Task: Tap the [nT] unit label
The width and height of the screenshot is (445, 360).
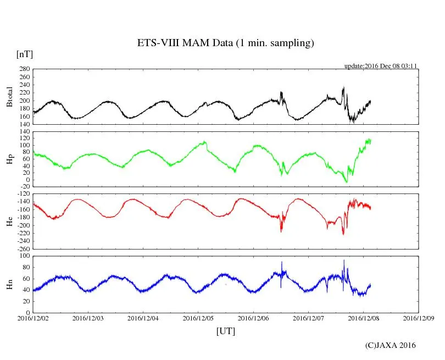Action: (25, 54)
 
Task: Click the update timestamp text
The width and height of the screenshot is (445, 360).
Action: (381, 66)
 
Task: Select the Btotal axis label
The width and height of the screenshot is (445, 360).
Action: (9, 97)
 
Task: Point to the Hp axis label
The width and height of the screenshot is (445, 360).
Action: (9, 159)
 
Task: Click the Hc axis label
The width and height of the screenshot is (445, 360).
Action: (9, 221)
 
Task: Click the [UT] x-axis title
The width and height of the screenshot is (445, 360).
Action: (225, 331)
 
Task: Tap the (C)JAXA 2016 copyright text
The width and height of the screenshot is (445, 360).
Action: (391, 345)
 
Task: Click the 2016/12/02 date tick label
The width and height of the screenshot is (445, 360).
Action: (33, 318)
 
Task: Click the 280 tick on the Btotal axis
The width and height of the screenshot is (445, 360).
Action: (24, 69)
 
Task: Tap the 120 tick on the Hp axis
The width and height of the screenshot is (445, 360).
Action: (24, 132)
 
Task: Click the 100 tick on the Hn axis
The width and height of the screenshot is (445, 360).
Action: (24, 256)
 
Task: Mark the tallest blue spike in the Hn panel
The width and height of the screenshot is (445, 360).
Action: (344, 261)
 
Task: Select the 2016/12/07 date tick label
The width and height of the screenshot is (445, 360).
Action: (308, 318)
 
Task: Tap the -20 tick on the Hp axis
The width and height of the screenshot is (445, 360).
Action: (24, 187)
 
